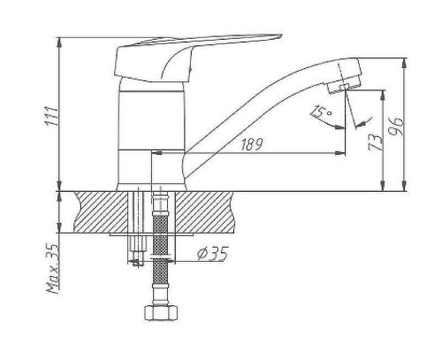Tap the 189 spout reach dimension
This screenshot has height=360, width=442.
coord(251,144)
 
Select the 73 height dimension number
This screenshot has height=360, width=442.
coord(375,142)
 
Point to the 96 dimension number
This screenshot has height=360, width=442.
coord(396,126)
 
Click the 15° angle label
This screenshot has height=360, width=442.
coord(321,111)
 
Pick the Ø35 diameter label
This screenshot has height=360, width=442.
coord(213,254)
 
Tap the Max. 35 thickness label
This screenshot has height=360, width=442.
coord(52,269)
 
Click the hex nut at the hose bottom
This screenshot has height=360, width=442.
coord(161,313)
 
